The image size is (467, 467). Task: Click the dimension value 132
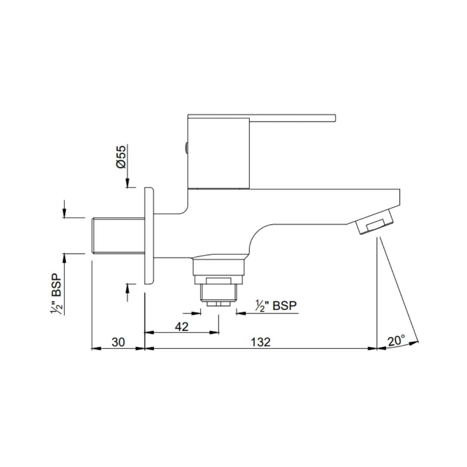click(261, 342)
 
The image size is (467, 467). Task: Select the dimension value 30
click(118, 342)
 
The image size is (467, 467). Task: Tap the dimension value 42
click(182, 327)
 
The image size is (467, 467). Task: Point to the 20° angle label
click(397, 340)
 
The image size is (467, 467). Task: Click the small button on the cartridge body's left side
click(186, 148)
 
